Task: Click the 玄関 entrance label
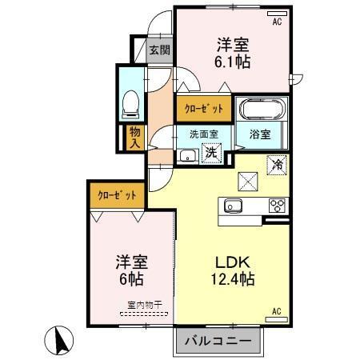click(158, 50)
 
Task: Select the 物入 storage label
click(133, 137)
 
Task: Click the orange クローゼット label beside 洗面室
click(199, 107)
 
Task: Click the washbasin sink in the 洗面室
click(186, 154)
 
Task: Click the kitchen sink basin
click(234, 205)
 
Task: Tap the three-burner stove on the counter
click(277, 205)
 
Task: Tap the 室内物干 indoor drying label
click(143, 304)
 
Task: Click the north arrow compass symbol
click(58, 339)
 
